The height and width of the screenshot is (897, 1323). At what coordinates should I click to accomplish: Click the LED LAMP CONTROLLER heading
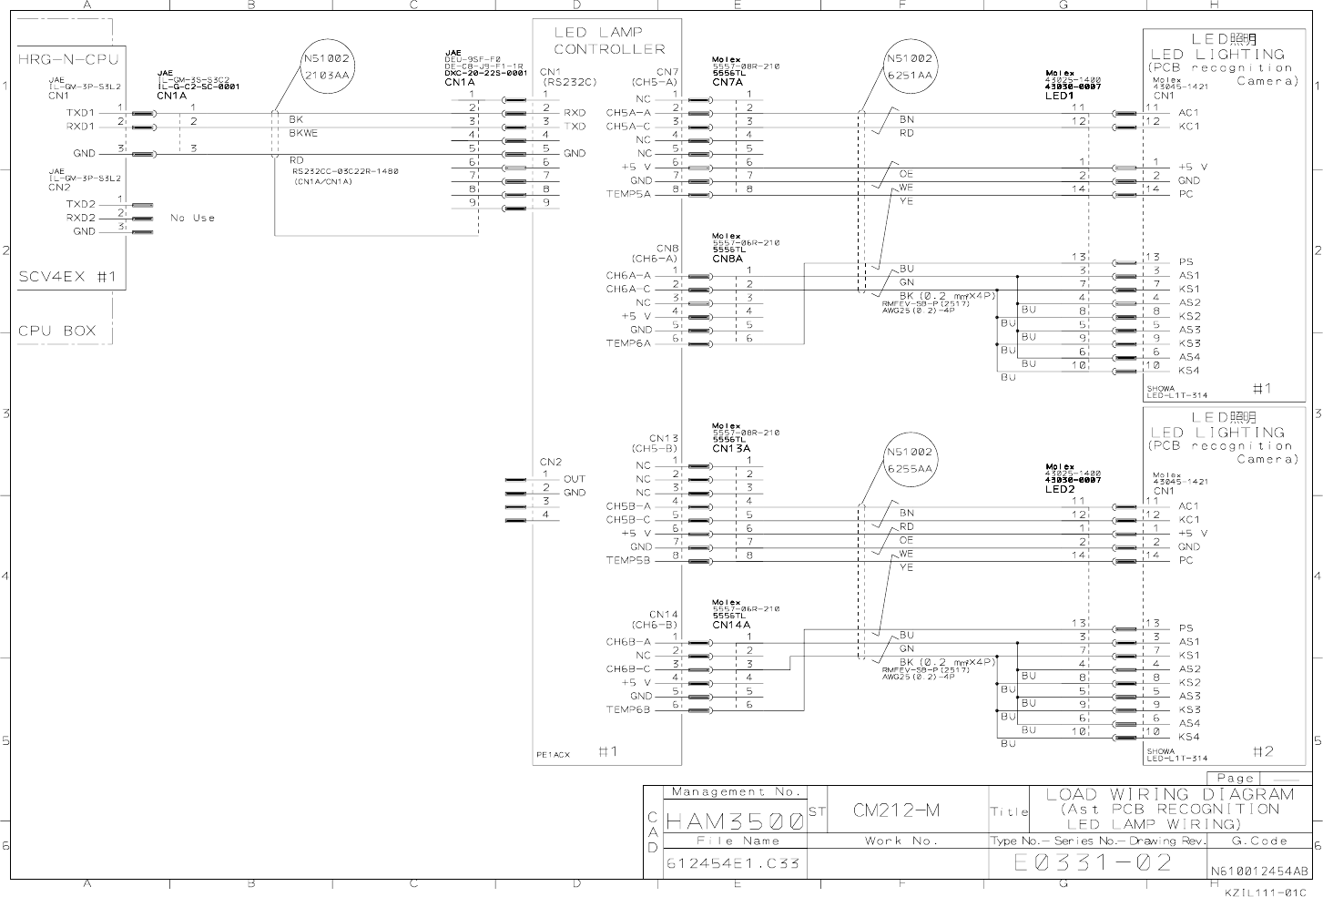[x=609, y=41]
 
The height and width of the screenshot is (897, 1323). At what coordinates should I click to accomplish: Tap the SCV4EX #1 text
[x=67, y=277]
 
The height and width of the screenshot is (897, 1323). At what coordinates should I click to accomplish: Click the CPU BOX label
[x=56, y=331]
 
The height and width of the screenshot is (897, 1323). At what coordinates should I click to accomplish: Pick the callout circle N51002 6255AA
[x=909, y=461]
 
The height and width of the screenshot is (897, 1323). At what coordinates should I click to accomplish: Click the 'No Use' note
[x=192, y=218]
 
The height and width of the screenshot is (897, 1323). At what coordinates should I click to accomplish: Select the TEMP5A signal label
[x=629, y=194]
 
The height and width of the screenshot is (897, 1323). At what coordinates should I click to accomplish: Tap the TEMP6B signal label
[x=629, y=709]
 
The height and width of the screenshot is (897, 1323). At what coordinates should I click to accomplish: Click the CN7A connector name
[x=729, y=83]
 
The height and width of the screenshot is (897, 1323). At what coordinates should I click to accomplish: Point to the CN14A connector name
[x=731, y=625]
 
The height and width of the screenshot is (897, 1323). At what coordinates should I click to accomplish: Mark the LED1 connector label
[x=1060, y=96]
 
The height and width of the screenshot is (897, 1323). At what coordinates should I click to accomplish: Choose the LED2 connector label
[x=1060, y=489]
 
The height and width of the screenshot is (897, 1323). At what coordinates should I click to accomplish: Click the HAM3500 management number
[x=735, y=821]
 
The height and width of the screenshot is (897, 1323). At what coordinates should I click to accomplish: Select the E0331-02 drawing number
[x=1094, y=862]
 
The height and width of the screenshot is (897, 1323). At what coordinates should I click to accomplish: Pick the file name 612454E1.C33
[x=733, y=863]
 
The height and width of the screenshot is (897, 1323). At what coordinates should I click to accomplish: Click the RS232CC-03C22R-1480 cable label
[x=345, y=171]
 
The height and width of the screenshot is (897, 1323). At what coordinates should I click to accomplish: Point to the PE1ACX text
[x=554, y=754]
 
